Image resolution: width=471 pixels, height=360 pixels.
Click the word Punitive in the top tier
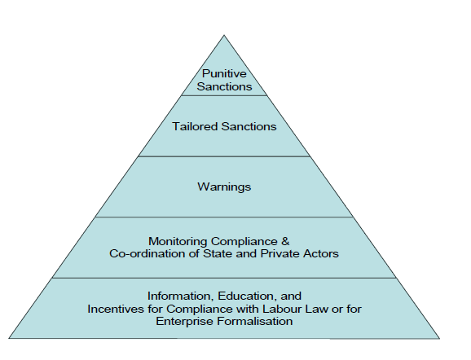pyautogui.click(x=224, y=73)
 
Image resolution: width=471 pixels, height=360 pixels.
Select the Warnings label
pyautogui.click(x=224, y=187)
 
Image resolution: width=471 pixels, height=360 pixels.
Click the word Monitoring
pyautogui.click(x=178, y=241)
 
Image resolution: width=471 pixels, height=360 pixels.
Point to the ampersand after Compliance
pyautogui.click(x=285, y=241)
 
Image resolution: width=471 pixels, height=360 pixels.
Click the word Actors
pyautogui.click(x=321, y=253)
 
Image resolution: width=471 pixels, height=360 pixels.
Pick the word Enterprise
pyautogui.click(x=185, y=321)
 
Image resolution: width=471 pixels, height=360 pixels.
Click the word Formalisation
pyautogui.click(x=255, y=321)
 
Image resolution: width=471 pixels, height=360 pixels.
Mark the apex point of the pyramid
pyautogui.click(x=224, y=35)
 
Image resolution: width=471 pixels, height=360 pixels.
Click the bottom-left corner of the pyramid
pyautogui.click(x=9, y=338)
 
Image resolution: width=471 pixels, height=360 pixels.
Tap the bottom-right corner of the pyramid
pyautogui.click(x=439, y=339)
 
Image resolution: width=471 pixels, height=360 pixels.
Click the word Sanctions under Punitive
pyautogui.click(x=224, y=86)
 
